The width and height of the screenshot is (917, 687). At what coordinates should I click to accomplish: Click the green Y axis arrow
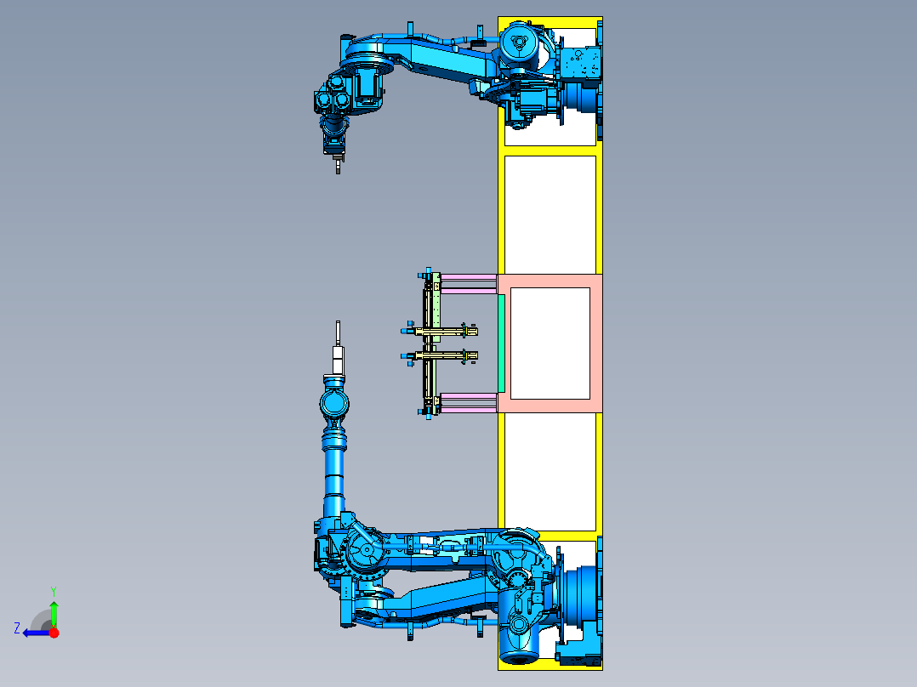(x=54, y=614)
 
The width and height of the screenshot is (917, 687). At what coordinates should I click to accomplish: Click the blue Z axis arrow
(x=37, y=633)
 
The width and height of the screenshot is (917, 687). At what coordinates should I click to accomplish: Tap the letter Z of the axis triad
(x=17, y=628)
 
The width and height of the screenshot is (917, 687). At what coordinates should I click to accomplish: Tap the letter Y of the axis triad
(x=54, y=591)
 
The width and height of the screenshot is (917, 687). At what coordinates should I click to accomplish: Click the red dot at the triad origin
(x=54, y=633)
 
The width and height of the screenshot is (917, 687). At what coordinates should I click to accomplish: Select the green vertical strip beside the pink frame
(x=501, y=343)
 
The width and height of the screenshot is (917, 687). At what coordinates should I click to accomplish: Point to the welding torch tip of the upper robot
(x=338, y=170)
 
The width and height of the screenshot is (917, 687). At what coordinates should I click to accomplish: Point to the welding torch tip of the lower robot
(x=338, y=323)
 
